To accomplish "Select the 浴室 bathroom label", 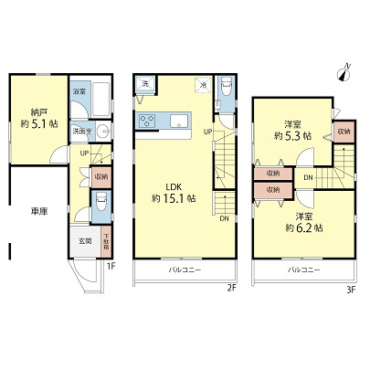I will point(80,91).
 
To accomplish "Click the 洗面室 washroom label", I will point(82,131).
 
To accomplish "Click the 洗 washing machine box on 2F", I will point(144,84).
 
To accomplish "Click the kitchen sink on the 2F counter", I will point(177,122).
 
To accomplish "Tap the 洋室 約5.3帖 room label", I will point(292,131).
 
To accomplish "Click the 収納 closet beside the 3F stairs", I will point(344,131).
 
